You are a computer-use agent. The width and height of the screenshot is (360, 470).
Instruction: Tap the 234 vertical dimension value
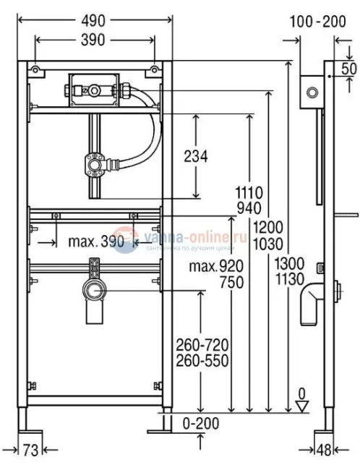[195, 155]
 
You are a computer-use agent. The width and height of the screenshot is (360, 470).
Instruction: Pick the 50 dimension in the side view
[351, 68]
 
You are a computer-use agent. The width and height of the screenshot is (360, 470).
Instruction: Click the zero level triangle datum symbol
[303, 406]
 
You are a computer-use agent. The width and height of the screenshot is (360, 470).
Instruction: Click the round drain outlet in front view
[93, 292]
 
